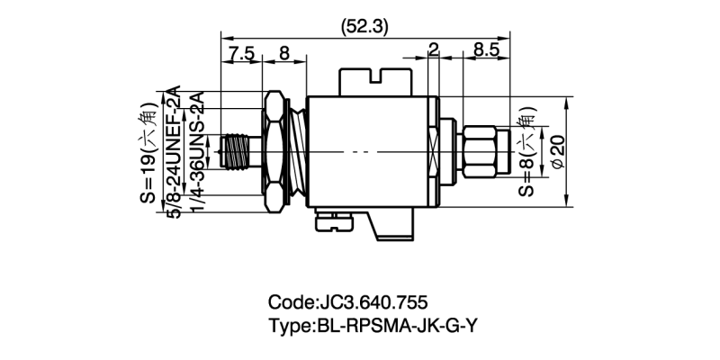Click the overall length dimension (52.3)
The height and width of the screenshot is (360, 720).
tap(364, 27)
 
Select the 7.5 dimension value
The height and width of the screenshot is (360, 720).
tap(240, 53)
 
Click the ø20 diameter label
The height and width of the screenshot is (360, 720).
tap(557, 152)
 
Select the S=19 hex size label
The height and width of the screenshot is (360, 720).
tap(148, 153)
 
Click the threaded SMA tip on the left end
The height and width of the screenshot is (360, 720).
tap(236, 152)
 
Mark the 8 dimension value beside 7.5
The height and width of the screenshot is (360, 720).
tap(284, 53)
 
